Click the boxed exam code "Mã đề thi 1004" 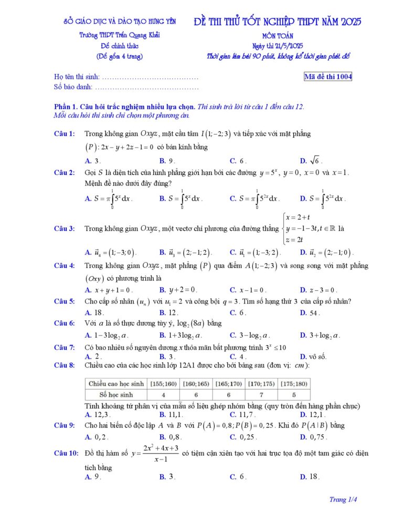pos(328,77)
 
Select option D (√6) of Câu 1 pos(310,161)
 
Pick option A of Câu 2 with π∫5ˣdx pos(109,199)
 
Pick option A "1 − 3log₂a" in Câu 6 pos(107,335)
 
